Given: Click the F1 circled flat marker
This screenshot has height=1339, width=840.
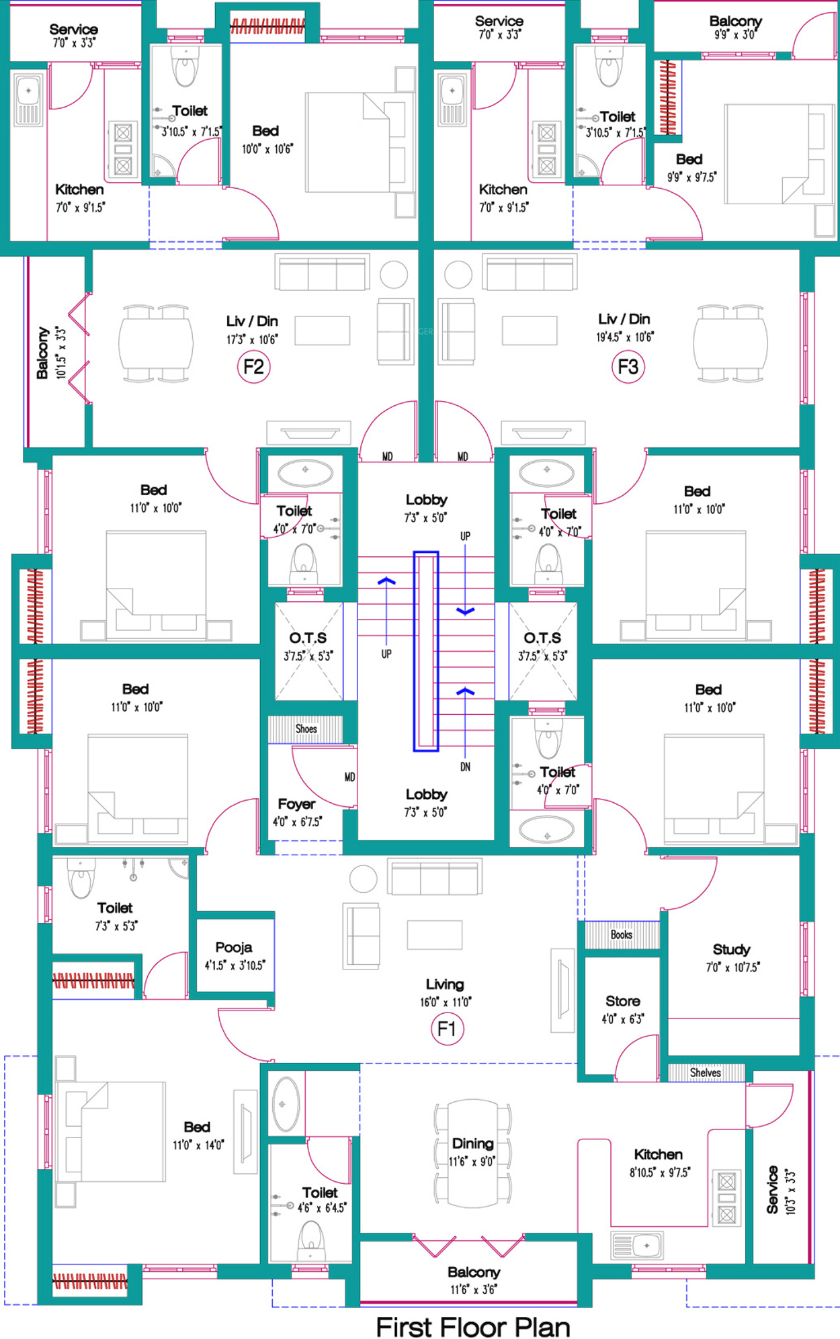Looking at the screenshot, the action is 447,1029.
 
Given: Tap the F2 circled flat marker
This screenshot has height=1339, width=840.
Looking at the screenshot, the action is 253,367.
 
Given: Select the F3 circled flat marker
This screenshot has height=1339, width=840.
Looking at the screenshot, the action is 628,367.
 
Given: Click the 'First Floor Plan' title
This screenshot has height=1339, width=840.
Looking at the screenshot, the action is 473,1327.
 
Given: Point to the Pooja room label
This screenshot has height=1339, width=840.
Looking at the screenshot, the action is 234,947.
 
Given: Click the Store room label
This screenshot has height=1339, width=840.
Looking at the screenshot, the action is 623,1001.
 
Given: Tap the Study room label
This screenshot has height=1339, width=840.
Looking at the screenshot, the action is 731,949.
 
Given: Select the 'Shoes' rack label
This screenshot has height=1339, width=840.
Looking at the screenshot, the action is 306,729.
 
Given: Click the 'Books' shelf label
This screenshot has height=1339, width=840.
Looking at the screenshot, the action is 622,935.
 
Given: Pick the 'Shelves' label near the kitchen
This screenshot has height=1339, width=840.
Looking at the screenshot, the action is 706,1073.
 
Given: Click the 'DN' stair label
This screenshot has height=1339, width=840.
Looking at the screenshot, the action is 465,767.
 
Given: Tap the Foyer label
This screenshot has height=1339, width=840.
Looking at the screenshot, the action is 296,804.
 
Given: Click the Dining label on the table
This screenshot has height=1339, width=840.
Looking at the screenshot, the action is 473,1143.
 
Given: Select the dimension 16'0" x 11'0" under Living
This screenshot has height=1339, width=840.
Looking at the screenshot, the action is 446,1002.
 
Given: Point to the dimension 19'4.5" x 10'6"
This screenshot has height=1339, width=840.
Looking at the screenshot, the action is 625,337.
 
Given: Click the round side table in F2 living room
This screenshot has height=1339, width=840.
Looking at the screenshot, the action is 394,275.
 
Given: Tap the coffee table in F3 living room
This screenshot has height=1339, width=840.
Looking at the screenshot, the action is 530,331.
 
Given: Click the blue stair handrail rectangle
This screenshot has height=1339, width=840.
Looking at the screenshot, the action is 425,651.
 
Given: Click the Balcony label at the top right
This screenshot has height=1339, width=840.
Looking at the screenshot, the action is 736,21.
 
